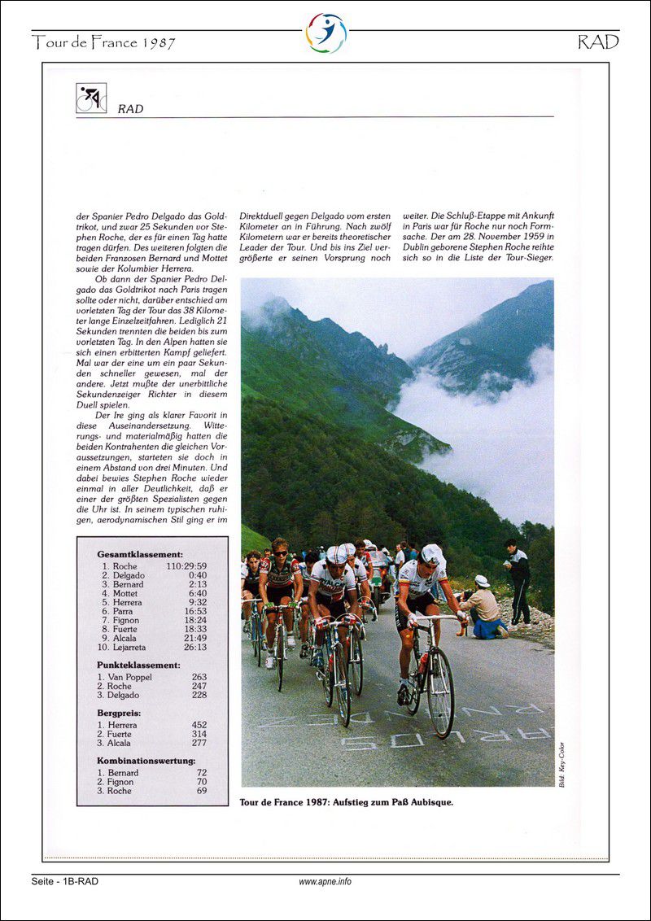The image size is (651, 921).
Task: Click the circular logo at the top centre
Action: [x=325, y=33]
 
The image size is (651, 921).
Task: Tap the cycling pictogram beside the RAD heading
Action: [x=91, y=98]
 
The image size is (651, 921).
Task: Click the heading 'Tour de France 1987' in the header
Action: [x=104, y=43]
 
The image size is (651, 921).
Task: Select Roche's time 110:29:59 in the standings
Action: [x=186, y=566]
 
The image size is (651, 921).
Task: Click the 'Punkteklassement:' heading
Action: [x=138, y=665]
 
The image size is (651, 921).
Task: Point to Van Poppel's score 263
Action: [x=199, y=677]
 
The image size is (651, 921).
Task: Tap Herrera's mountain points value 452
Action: [x=199, y=725]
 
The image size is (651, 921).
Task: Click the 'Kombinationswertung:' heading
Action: [x=146, y=761]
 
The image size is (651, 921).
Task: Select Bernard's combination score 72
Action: [x=201, y=773]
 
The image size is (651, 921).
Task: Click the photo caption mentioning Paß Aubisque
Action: [x=346, y=802]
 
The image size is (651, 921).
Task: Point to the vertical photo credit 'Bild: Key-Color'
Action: [x=561, y=764]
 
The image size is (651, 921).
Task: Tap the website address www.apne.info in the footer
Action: [x=325, y=881]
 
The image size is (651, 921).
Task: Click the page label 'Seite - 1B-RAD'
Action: [x=65, y=881]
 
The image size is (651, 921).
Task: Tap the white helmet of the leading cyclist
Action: [x=432, y=555]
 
